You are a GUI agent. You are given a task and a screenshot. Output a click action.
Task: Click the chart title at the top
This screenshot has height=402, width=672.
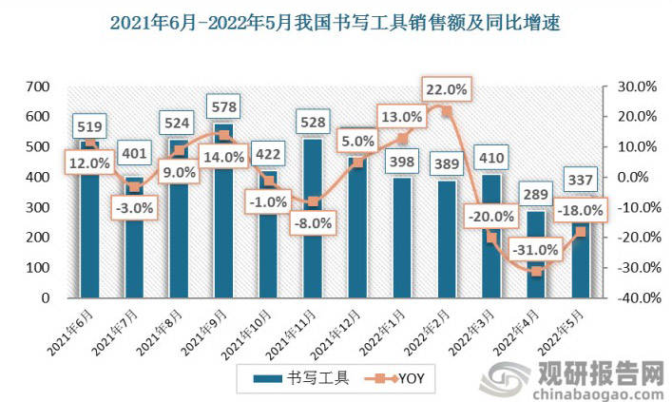336,22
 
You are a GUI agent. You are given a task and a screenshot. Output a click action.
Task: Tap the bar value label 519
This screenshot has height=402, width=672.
90,126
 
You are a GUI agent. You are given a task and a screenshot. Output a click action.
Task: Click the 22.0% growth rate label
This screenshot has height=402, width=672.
446,90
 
